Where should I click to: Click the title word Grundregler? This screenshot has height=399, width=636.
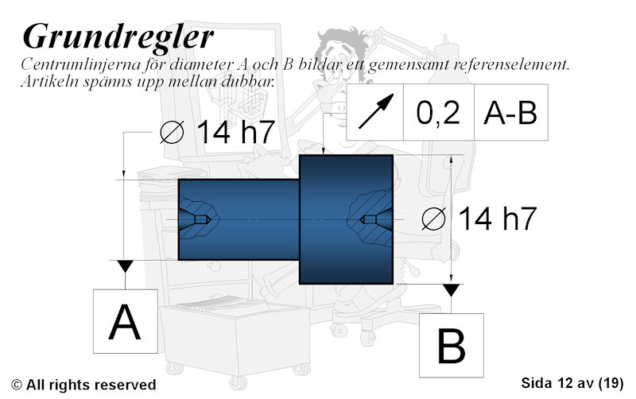(118, 38)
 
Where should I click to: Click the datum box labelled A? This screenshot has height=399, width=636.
(126, 321)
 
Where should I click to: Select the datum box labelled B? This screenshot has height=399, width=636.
(451, 346)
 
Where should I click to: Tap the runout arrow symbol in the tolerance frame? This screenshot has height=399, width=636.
(376, 111)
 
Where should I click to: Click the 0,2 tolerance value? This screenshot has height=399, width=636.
(438, 112)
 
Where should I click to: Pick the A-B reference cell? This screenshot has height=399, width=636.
(510, 112)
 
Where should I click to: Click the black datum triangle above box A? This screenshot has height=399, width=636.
(125, 266)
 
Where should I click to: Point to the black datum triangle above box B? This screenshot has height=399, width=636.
(451, 290)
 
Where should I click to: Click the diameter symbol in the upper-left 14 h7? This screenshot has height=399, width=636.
(172, 132)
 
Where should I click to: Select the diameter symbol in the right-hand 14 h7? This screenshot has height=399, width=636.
(433, 219)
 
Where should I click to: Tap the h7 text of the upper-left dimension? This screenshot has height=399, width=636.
(258, 132)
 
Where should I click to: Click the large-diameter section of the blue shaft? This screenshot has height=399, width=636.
(346, 219)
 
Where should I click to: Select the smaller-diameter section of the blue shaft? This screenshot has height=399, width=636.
(238, 219)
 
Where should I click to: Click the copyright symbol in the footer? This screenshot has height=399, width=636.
(17, 385)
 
